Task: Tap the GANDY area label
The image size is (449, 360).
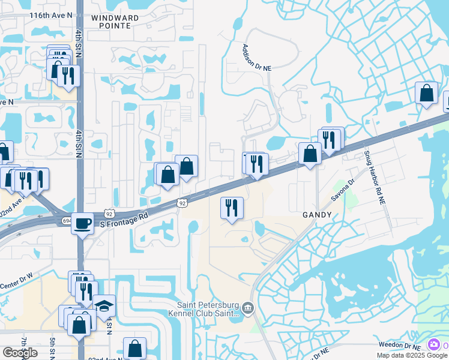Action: click(x=316, y=214)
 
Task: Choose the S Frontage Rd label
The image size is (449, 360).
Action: click(x=124, y=220)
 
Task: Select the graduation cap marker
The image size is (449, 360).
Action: click(x=104, y=305)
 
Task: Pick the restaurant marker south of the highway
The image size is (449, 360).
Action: click(x=232, y=208)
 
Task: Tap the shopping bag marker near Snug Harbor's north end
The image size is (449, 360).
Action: click(x=426, y=93)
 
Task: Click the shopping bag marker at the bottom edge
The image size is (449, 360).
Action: click(x=134, y=348)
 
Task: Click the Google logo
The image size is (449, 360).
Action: click(x=20, y=353)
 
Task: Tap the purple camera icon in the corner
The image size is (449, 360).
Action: click(x=433, y=344)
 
